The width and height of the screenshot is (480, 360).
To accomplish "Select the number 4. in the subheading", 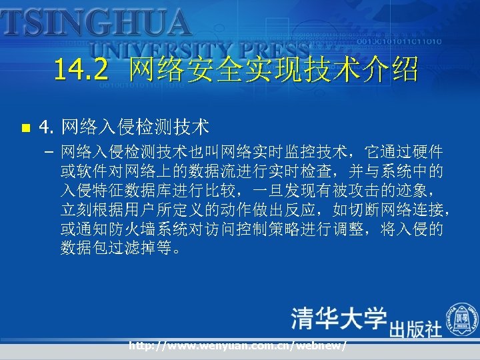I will pyautogui.click(x=47, y=126).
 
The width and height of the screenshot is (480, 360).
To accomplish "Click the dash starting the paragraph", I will pyautogui.click(x=49, y=153).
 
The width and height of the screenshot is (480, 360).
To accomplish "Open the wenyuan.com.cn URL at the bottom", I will pyautogui.click(x=237, y=347).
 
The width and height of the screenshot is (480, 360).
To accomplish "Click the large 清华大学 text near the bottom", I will pyautogui.click(x=338, y=319).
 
